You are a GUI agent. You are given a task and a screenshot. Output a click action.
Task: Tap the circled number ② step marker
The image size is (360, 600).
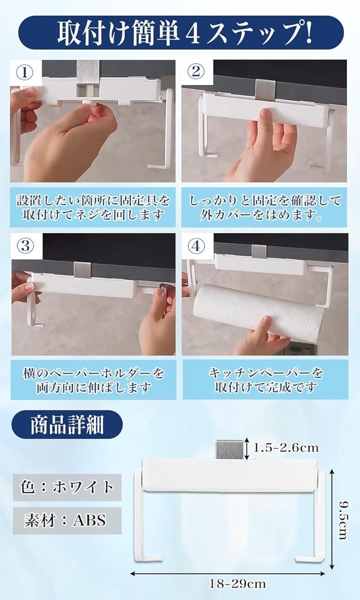[x=196, y=72]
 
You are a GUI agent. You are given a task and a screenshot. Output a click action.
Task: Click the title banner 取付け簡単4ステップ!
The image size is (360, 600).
[x=181, y=32]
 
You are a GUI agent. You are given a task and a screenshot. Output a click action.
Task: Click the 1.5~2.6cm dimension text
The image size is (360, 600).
[x=286, y=447]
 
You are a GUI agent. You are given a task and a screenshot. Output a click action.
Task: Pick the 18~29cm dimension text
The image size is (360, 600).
[x=237, y=583]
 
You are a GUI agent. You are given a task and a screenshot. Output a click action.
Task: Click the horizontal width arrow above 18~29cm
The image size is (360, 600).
[x=227, y=571]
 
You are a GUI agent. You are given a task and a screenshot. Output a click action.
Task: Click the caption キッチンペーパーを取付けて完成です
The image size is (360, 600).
[x=265, y=380]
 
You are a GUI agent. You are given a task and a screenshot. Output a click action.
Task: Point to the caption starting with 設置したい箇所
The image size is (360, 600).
[x=93, y=207]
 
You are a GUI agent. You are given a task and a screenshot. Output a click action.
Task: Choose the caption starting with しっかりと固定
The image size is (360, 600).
[x=265, y=207]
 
